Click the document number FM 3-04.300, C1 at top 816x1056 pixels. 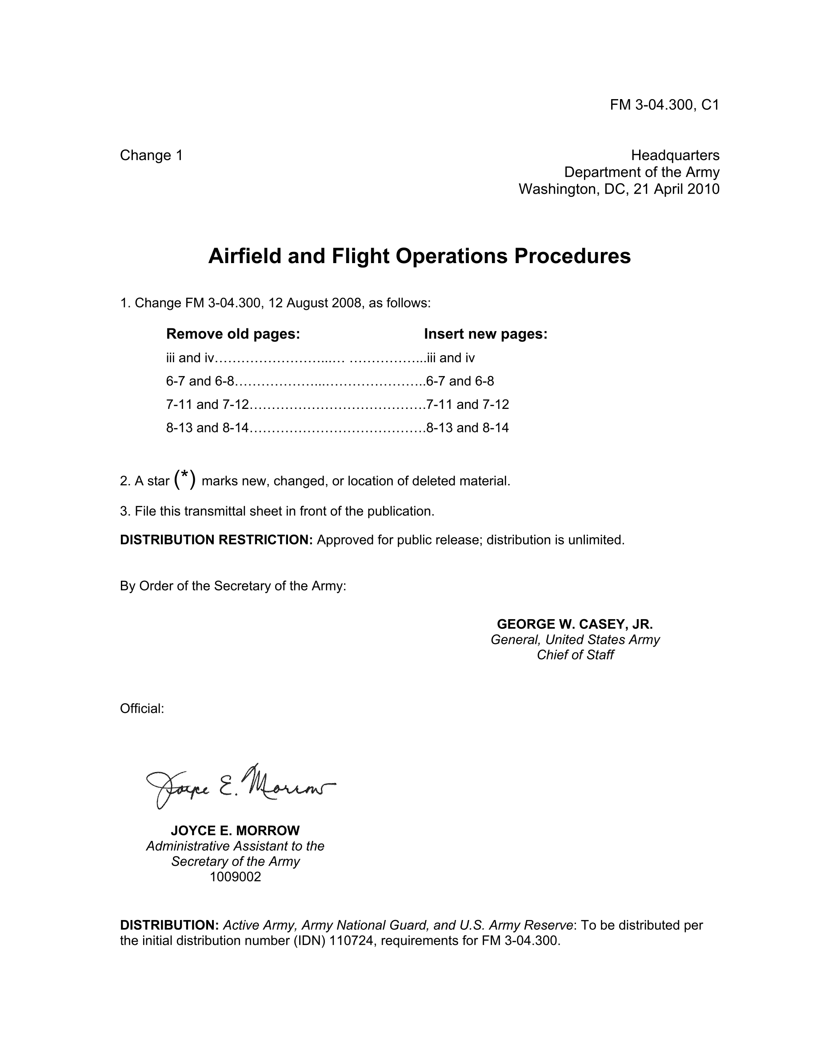664,105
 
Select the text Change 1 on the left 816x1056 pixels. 151,155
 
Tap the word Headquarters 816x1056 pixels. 675,155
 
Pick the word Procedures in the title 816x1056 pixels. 572,256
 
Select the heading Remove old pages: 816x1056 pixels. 233,334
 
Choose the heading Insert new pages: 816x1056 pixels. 485,334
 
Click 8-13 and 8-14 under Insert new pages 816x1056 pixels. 468,428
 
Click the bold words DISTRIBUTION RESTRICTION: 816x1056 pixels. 216,540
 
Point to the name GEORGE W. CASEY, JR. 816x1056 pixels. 575,624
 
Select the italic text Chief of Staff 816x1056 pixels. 575,655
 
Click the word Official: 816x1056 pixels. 142,709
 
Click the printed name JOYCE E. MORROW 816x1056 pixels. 235,831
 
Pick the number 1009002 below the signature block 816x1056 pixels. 235,877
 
